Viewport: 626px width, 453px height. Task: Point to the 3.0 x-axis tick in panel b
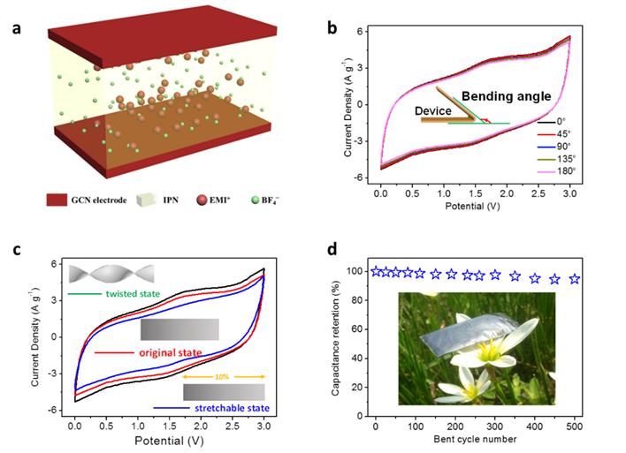tap(569, 189)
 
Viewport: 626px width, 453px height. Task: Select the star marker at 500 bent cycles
tap(575, 279)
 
